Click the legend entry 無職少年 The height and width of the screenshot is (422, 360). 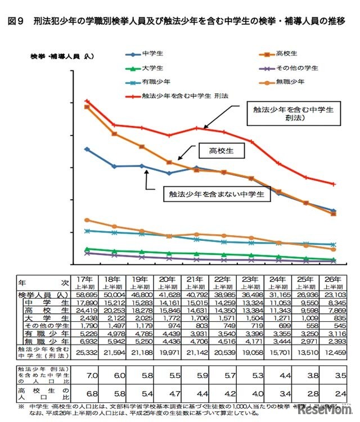291,82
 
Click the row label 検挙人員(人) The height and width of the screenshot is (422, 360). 43,295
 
